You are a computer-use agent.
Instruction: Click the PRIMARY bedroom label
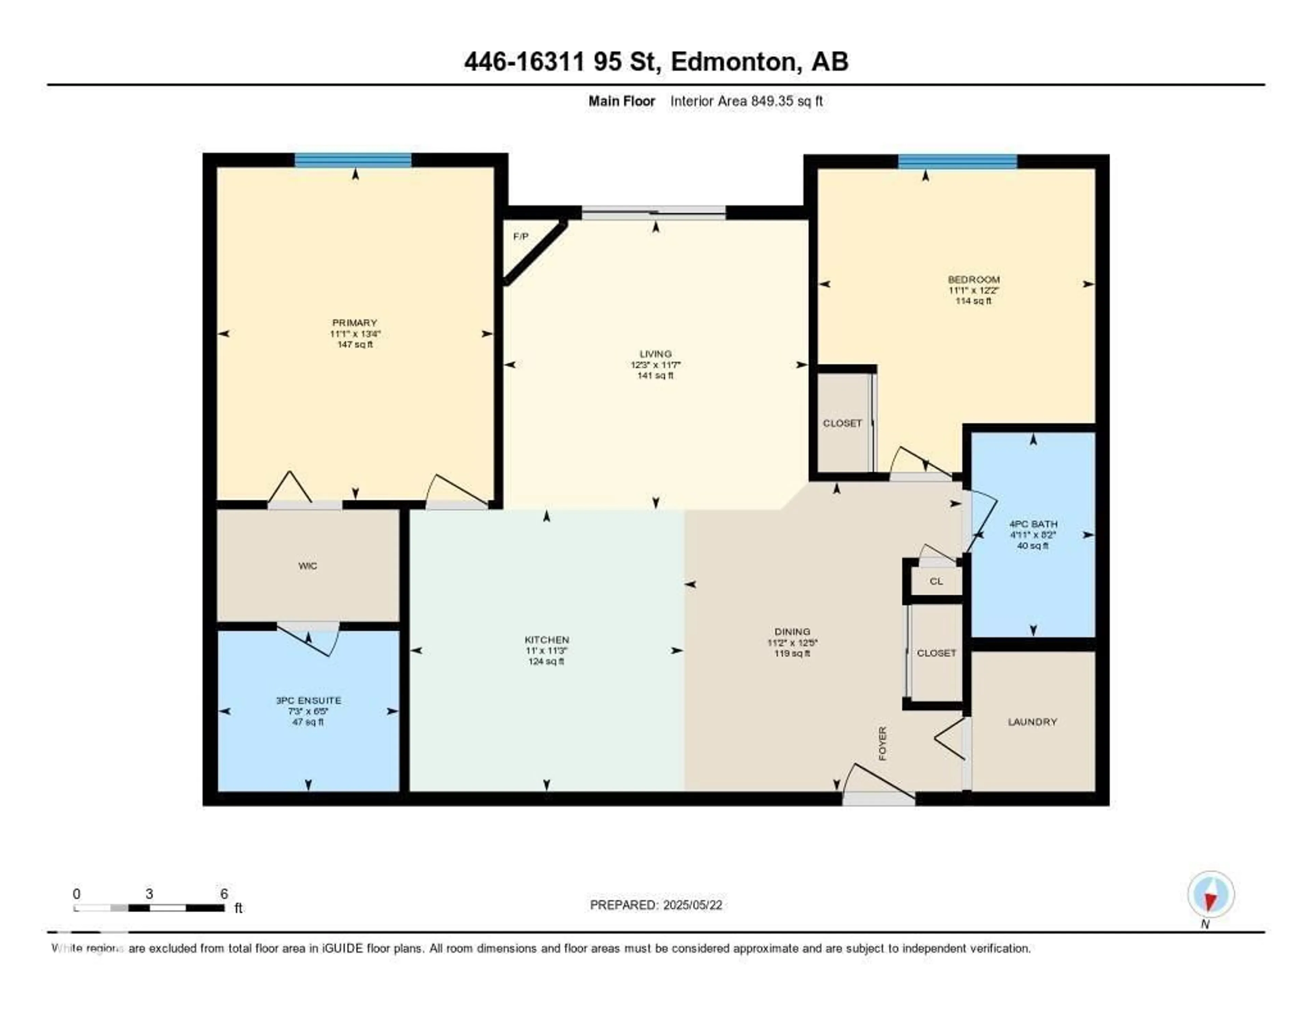coord(354,323)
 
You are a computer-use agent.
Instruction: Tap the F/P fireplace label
coord(521,237)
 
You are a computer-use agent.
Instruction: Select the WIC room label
coord(307,565)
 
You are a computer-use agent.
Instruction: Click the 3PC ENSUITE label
coord(308,700)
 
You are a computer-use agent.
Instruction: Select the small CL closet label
coord(936,581)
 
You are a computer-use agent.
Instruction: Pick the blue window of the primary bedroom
coord(353,160)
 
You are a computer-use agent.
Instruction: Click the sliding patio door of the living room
coord(654,212)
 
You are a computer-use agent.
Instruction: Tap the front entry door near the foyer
coord(879,798)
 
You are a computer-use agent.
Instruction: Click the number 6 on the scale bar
coord(224,894)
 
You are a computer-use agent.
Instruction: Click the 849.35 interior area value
coord(772,101)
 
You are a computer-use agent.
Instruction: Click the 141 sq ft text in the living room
coord(655,376)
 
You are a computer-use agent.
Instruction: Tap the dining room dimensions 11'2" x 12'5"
coord(792,642)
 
